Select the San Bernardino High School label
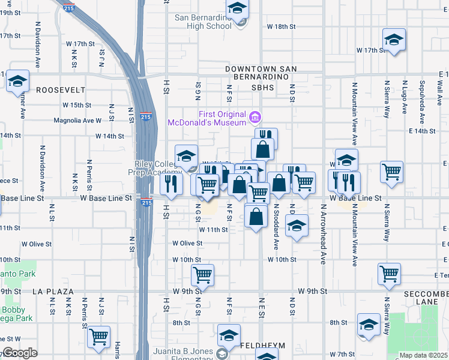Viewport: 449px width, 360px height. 203,22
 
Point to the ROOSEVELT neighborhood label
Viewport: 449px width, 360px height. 61,90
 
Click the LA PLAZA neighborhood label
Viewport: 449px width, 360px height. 53,292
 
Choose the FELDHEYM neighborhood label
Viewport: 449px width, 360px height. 260,347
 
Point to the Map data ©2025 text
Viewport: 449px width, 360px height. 424,355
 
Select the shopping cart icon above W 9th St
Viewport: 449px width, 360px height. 203,275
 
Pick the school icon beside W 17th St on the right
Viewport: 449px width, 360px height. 394,40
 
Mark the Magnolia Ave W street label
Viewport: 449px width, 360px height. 77,121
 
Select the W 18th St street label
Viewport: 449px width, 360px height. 282,27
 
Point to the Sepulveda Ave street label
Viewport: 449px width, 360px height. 423,97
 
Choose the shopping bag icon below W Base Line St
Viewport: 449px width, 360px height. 256,217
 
